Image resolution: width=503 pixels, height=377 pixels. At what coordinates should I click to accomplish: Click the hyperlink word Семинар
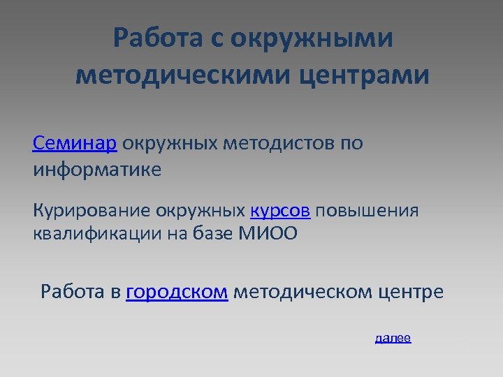75,144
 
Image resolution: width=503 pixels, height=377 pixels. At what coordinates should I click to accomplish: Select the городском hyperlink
177,292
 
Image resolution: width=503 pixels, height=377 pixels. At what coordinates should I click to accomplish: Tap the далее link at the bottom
393,339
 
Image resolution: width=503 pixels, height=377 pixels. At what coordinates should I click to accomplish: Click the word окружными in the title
312,38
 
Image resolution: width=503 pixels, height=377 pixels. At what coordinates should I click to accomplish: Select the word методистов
281,144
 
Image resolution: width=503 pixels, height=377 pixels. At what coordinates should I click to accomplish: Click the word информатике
96,170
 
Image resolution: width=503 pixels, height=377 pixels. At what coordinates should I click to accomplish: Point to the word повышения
367,211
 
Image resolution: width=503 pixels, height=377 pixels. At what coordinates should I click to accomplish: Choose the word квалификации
95,233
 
